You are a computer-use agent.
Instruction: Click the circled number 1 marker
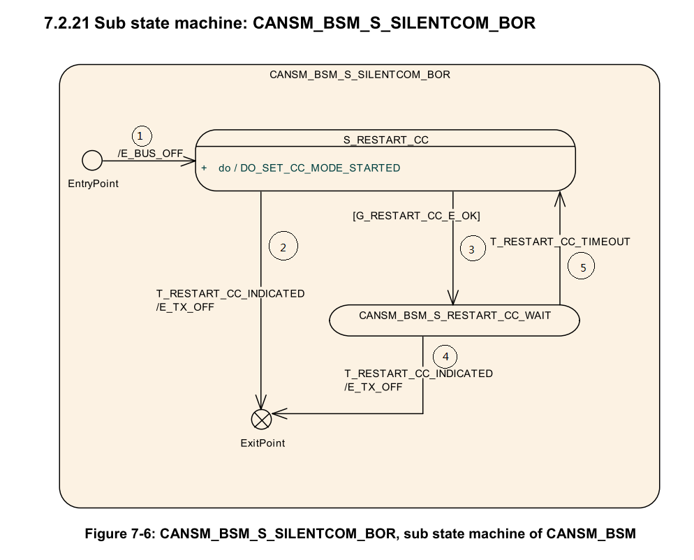pyautogui.click(x=142, y=135)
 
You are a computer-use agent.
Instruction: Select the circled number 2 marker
pyautogui.click(x=283, y=246)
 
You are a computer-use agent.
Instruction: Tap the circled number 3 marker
pyautogui.click(x=472, y=249)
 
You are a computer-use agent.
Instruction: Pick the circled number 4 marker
pyautogui.click(x=445, y=357)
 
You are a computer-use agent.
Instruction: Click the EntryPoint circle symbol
pyautogui.click(x=91, y=161)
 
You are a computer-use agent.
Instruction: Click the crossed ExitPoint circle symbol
pyautogui.click(x=261, y=419)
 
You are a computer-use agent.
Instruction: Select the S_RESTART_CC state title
pyautogui.click(x=385, y=140)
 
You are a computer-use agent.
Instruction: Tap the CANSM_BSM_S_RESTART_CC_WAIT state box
pyautogui.click(x=455, y=320)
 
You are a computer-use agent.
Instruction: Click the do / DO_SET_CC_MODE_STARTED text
pyautogui.click(x=309, y=168)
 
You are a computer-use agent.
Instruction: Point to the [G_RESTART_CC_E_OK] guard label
pyautogui.click(x=416, y=216)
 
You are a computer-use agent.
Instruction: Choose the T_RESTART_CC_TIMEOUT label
pyautogui.click(x=560, y=242)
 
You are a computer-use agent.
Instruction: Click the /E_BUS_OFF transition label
pyautogui.click(x=150, y=153)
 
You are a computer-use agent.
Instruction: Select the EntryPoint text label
pyautogui.click(x=93, y=184)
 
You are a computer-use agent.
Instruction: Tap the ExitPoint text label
pyautogui.click(x=263, y=443)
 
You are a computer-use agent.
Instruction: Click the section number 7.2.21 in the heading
pyautogui.click(x=67, y=23)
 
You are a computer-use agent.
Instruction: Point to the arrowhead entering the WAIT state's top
pyautogui.click(x=453, y=299)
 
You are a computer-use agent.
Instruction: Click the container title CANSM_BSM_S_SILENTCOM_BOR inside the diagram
pyautogui.click(x=360, y=75)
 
